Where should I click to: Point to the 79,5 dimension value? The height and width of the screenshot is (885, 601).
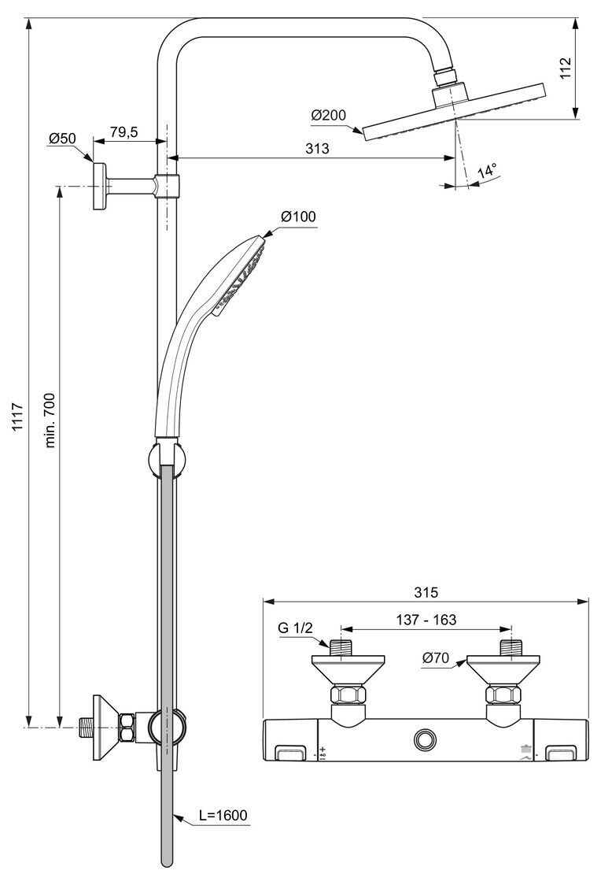click(124, 131)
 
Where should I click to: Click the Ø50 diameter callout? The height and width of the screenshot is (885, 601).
click(62, 139)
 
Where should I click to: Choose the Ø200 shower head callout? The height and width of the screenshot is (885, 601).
click(328, 115)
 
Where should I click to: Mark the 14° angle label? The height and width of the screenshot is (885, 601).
click(487, 171)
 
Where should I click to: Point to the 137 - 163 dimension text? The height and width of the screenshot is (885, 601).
click(426, 620)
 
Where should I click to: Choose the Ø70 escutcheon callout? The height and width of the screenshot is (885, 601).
click(436, 657)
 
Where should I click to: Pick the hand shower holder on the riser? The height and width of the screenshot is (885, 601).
click(167, 459)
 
